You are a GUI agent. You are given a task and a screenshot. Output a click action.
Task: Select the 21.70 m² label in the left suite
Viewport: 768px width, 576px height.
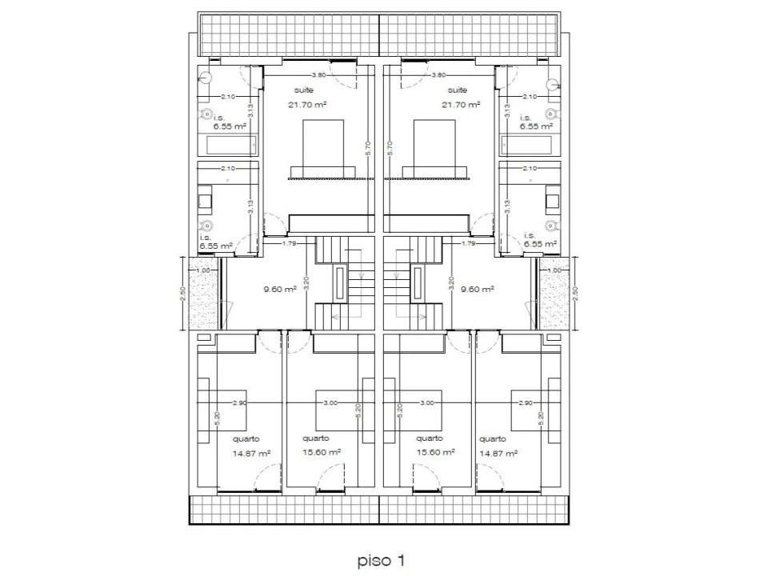point(308,105)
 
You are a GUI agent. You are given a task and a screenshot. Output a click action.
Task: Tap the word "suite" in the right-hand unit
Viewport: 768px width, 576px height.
point(458,90)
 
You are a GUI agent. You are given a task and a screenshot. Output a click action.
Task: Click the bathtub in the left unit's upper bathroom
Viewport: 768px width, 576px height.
point(232,145)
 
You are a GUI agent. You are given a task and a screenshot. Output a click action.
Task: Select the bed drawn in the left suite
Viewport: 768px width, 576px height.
point(322,147)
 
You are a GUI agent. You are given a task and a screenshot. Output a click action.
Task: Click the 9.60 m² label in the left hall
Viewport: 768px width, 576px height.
point(280,290)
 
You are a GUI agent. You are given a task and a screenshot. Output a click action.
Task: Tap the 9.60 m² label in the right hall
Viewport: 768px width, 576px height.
point(476,290)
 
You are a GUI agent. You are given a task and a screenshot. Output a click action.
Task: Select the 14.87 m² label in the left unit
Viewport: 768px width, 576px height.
point(250,453)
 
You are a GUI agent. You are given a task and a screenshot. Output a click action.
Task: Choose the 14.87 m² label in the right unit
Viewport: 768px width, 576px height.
point(497,453)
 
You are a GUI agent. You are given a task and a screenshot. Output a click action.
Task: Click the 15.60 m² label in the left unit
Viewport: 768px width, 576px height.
point(322,452)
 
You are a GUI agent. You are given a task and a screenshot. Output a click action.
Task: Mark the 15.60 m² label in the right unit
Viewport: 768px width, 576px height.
point(435,452)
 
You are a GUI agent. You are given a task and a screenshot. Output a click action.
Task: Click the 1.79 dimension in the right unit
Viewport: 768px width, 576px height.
point(470,242)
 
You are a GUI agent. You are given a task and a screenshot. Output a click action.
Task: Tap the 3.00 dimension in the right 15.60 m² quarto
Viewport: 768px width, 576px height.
point(426,403)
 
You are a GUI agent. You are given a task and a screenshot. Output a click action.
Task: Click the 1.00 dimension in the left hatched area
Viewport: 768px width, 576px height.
point(202,270)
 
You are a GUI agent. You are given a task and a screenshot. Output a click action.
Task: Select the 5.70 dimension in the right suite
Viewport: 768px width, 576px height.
point(390,147)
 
